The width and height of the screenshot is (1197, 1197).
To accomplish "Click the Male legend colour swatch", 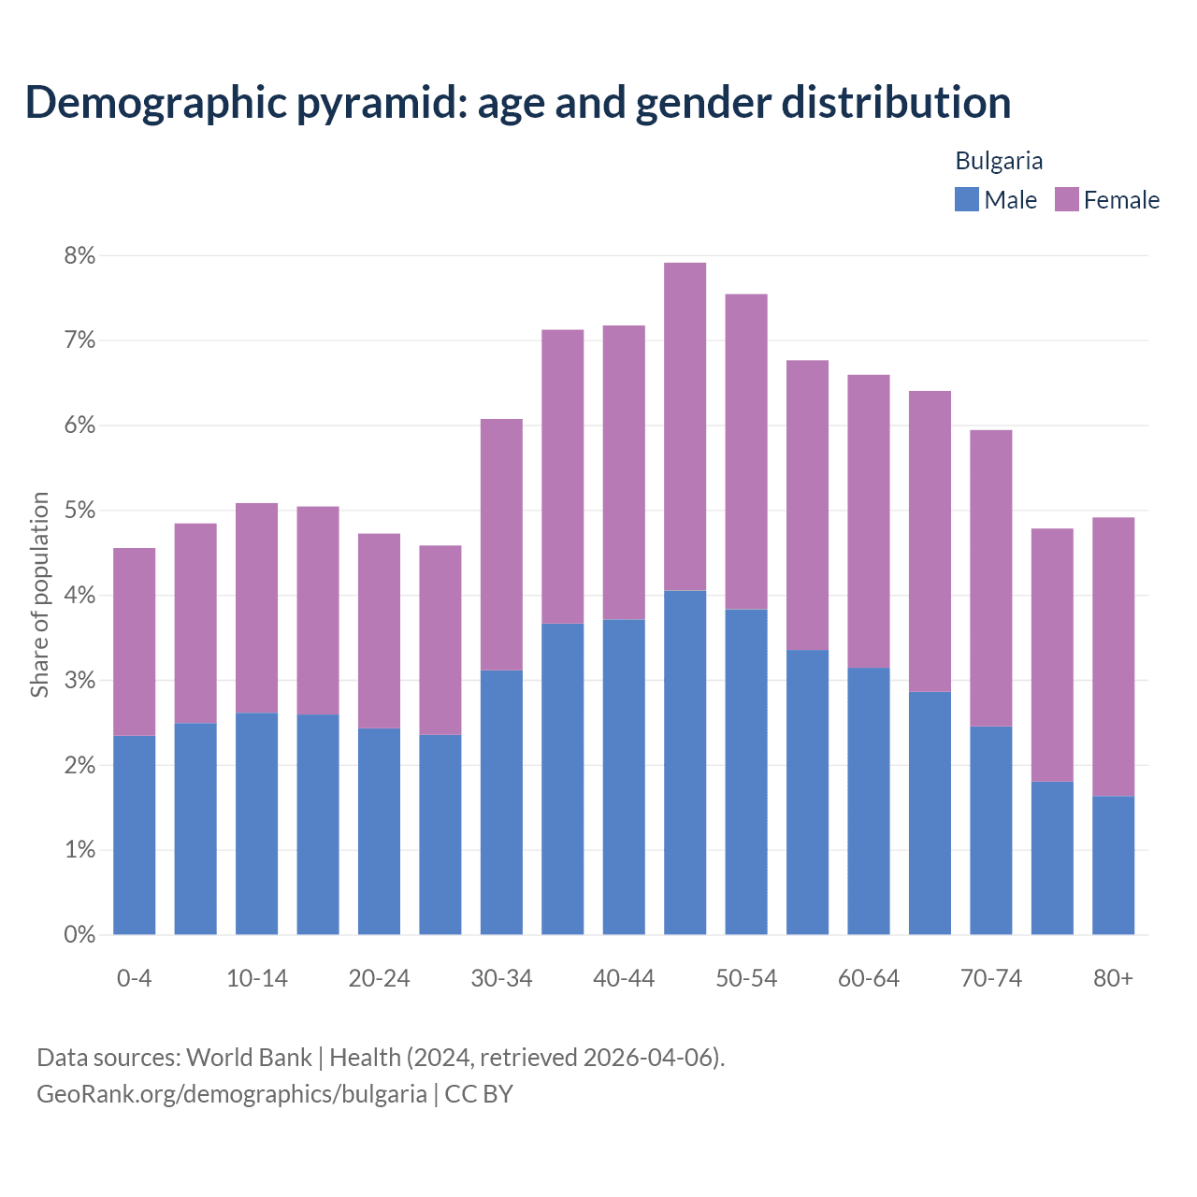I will pyautogui.click(x=966, y=199).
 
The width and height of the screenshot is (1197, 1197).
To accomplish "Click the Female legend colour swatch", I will pyautogui.click(x=1066, y=199).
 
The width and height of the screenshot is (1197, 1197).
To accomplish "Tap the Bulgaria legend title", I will pyautogui.click(x=999, y=161).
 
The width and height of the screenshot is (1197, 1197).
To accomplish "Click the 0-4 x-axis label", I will pyautogui.click(x=134, y=978).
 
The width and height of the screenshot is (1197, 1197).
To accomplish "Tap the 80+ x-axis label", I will pyautogui.click(x=1113, y=978).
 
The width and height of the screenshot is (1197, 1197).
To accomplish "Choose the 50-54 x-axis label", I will pyautogui.click(x=746, y=978).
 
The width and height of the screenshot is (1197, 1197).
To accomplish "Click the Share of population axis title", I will pyautogui.click(x=39, y=595).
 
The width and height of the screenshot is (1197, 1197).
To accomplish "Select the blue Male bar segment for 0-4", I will pyautogui.click(x=135, y=835).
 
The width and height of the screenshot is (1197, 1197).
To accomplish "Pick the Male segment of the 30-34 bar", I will pyautogui.click(x=501, y=802).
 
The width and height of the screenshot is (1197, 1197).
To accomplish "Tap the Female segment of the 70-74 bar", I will pyautogui.click(x=991, y=578).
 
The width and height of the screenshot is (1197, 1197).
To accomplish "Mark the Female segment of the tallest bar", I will pyautogui.click(x=685, y=426).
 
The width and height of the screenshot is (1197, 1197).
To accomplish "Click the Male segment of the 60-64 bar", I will pyautogui.click(x=869, y=800).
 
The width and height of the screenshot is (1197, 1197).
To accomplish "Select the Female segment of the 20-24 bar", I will pyautogui.click(x=379, y=630).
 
